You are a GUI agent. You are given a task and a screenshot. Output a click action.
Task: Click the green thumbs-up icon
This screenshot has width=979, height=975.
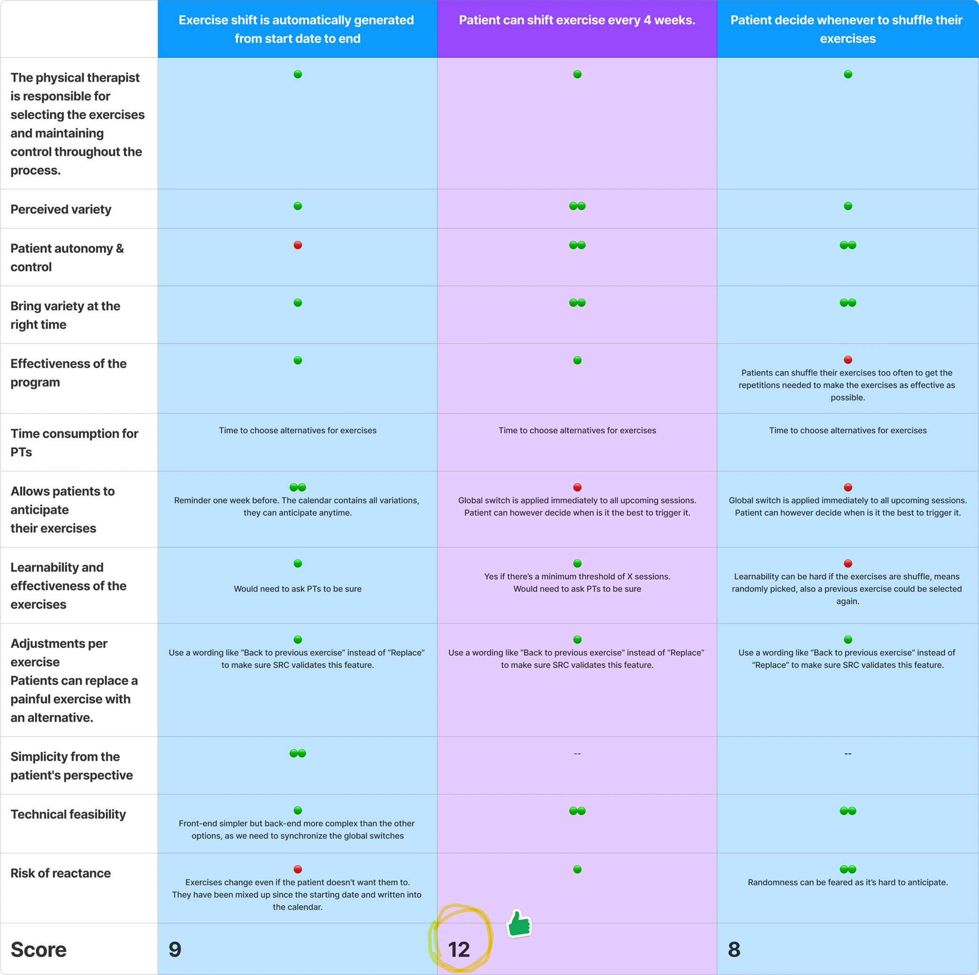click(519, 923)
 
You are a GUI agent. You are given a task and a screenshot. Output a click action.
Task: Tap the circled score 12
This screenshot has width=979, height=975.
click(459, 950)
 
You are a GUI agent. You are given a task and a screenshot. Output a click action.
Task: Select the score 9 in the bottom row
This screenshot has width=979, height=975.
click(175, 949)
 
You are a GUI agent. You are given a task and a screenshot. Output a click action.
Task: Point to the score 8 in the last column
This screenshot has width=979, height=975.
click(734, 949)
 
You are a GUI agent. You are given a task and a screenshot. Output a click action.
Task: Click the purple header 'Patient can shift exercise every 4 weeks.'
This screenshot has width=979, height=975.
click(577, 20)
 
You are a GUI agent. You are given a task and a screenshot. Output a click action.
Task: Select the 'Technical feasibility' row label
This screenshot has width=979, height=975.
click(68, 814)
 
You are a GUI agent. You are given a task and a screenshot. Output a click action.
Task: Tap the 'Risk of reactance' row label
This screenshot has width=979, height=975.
click(60, 873)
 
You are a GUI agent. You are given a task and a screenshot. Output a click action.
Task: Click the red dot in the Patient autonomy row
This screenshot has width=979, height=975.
click(297, 245)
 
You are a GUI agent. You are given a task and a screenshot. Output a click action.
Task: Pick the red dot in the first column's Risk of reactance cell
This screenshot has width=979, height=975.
click(297, 869)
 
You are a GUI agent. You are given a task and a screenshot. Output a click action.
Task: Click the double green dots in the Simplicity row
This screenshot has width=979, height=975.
click(297, 754)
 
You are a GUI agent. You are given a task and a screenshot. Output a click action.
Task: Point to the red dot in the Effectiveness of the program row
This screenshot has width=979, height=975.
click(848, 360)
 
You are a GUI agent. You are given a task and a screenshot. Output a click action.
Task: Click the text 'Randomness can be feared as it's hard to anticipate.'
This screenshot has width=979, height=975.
click(848, 882)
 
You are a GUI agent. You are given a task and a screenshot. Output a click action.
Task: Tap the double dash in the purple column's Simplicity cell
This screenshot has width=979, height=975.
click(577, 754)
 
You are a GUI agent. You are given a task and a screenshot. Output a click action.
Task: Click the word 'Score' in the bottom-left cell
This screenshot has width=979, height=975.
click(39, 949)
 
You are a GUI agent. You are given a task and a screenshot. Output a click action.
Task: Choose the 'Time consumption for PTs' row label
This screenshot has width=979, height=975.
click(74, 442)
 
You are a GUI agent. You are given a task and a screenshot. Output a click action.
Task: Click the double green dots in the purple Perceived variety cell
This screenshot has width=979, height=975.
click(577, 206)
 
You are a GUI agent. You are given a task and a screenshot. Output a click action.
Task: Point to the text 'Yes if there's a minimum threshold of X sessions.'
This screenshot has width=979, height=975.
click(577, 577)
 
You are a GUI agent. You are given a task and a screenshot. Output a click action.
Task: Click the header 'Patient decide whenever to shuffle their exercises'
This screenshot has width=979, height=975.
click(847, 29)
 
